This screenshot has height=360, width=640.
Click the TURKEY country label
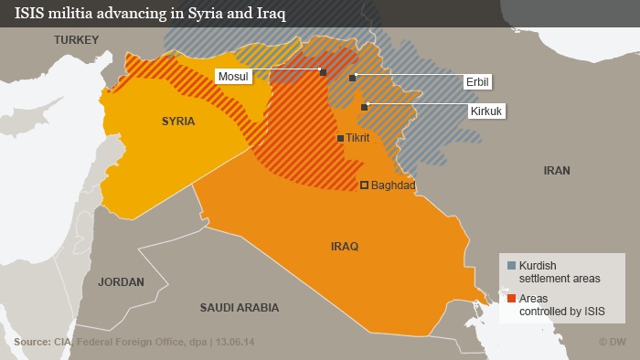tap(75, 39)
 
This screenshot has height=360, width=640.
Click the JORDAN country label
tap(121, 282)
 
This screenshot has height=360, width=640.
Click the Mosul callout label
tap(232, 76)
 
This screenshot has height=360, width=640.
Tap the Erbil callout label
tap(479, 82)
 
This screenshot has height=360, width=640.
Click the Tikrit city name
tap(357, 138)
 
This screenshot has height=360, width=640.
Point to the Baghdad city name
tap(394, 185)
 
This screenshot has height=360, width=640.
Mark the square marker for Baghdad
tap(364, 185)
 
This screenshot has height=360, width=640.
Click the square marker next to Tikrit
tap(341, 139)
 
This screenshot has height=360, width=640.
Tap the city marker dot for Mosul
tap(323, 71)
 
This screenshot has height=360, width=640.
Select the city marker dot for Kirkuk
tap(364, 108)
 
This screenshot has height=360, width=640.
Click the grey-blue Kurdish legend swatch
tap(512, 266)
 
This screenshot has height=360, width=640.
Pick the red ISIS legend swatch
tap(512, 299)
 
